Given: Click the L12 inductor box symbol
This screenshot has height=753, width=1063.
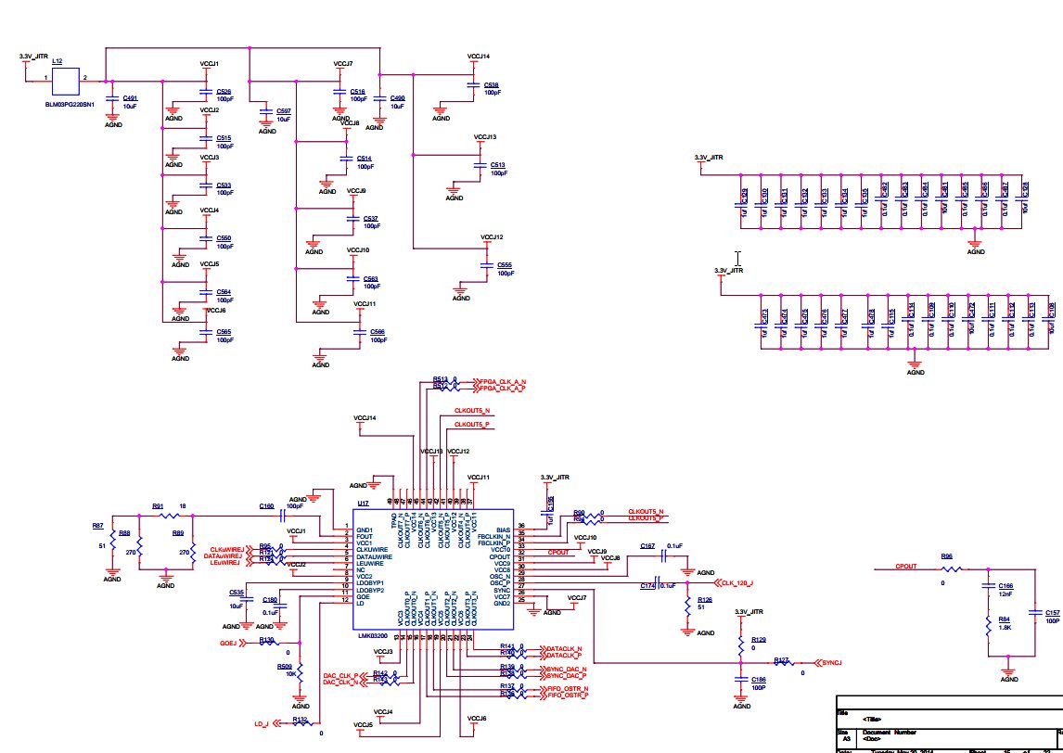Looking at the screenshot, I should point(66,82).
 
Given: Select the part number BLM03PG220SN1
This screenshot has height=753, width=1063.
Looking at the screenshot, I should point(70,106).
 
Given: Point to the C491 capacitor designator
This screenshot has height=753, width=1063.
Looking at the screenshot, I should point(130,97).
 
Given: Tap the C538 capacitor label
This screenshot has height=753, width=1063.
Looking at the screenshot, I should point(491,84).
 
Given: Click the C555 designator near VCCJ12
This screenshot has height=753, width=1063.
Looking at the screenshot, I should point(505,264).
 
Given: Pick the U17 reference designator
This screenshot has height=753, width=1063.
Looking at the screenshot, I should point(364,503).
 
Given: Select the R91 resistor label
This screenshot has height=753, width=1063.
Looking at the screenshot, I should point(158,505).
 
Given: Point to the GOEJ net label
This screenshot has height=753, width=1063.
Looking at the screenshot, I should point(229,642).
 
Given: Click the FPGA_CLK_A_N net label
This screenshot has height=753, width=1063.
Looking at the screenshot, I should point(503,381).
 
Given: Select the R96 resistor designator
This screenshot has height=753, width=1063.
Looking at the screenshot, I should point(947,556).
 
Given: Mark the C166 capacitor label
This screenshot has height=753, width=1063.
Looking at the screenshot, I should point(1005,585).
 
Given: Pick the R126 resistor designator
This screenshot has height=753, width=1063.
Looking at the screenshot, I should point(704,600).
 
